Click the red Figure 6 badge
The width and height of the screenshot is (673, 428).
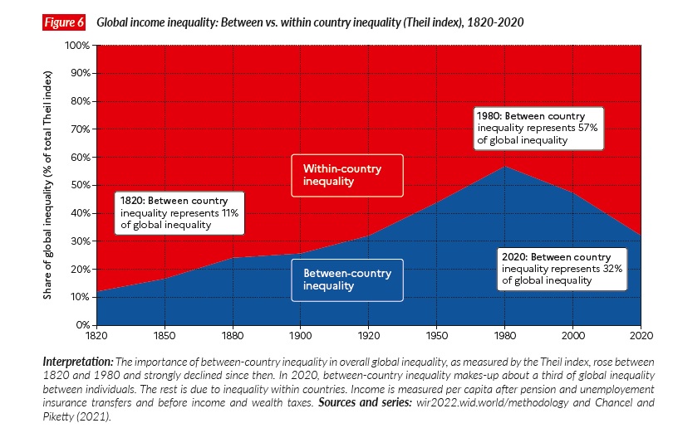point(64,22)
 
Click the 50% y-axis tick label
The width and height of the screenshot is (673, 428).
point(81,185)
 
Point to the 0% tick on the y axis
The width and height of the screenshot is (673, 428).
point(83,324)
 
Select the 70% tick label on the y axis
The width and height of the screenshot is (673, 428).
point(81,129)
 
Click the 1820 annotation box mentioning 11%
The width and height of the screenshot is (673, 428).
point(180,212)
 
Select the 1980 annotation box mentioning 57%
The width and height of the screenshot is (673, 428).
point(537,128)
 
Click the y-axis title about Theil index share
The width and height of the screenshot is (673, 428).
point(51,184)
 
